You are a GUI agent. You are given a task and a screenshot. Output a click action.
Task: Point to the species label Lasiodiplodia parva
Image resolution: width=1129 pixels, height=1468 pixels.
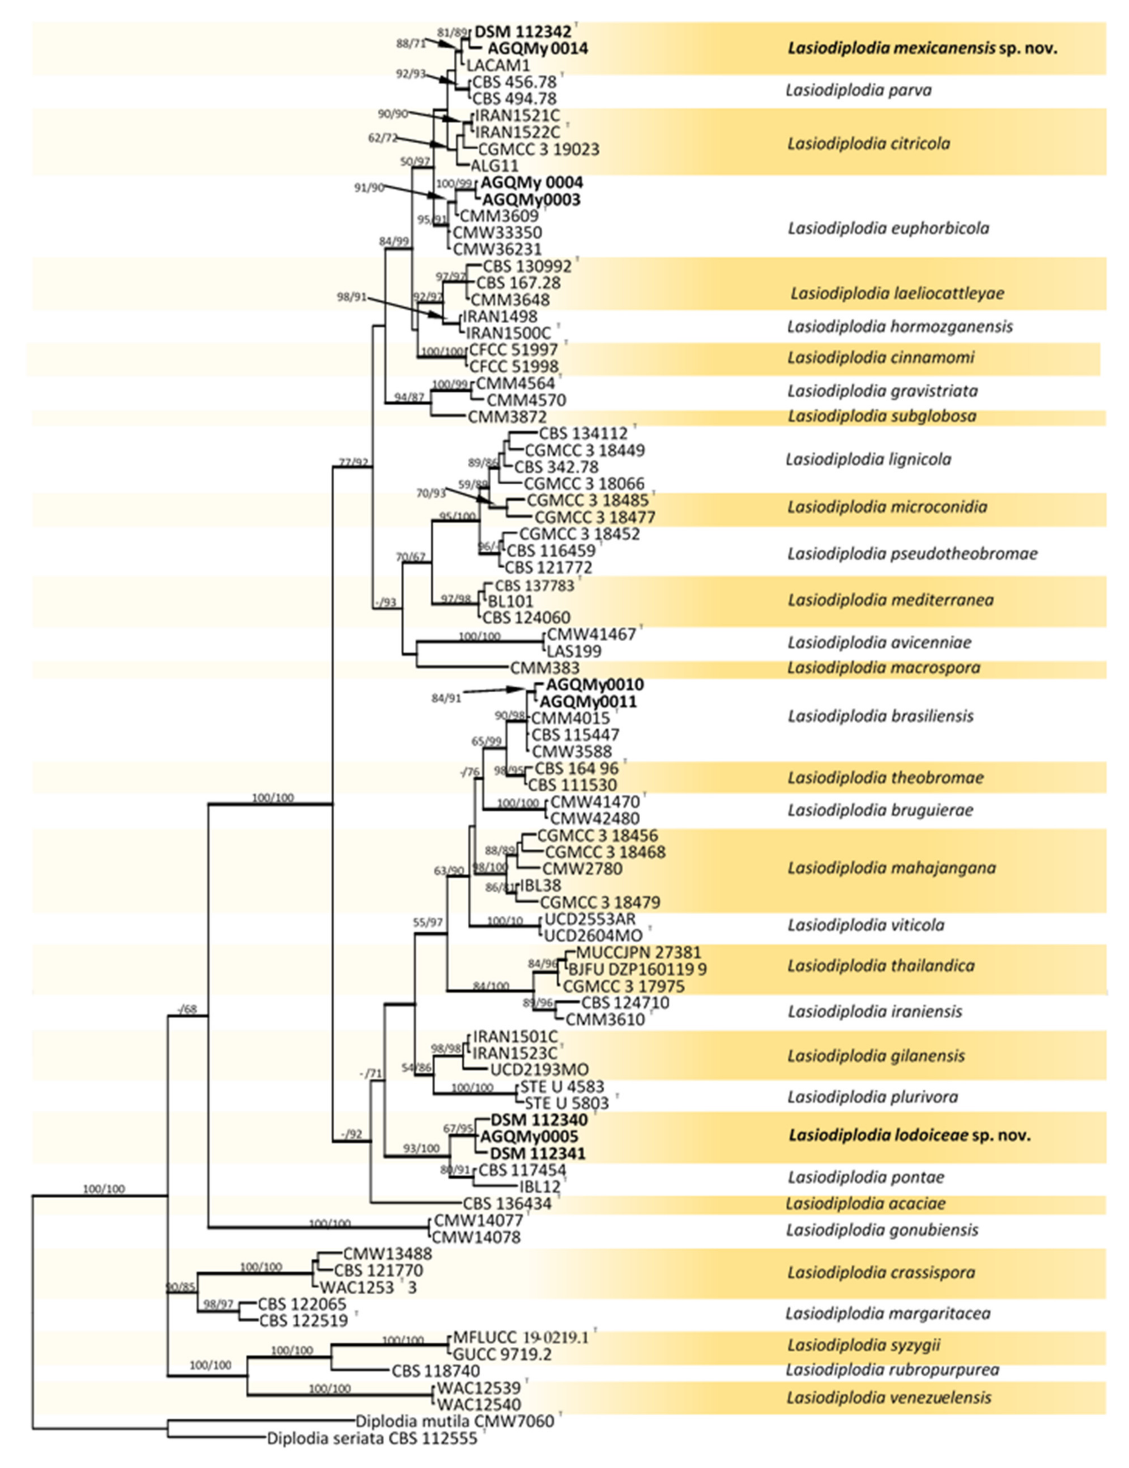[x=858, y=90]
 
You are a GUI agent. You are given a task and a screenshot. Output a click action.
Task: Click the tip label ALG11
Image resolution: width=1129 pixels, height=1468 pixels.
[x=494, y=165]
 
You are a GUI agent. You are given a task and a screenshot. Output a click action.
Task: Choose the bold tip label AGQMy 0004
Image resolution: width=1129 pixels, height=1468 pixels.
[x=531, y=183]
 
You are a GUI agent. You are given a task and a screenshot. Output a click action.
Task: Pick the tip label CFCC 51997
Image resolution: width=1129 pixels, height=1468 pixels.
[x=513, y=350]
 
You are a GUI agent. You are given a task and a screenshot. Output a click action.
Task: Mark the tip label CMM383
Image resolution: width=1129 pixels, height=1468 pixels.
[x=544, y=668]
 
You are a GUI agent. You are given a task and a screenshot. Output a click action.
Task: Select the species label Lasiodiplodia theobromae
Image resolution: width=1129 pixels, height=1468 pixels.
[x=885, y=778]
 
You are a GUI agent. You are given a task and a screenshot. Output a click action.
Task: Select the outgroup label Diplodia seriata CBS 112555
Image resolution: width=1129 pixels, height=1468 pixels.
[x=372, y=1438]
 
